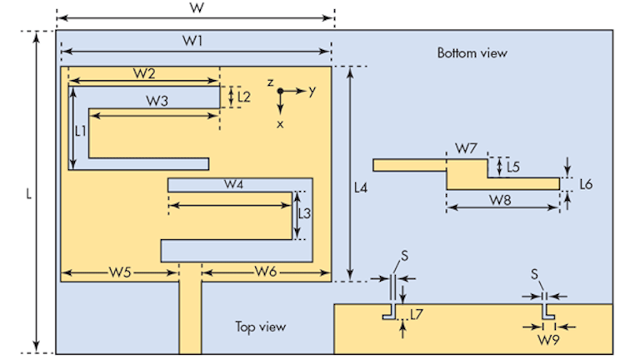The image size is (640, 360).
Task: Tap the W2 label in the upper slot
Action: pos(143,73)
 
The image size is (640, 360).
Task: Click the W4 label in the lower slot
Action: pos(234,185)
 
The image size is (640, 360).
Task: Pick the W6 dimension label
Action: pos(266,271)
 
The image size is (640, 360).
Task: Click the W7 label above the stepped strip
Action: pos(466,148)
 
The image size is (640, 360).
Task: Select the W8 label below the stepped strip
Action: pos(501,200)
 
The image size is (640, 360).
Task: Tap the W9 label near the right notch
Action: pos(547,340)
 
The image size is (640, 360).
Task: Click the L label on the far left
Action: pos(29,193)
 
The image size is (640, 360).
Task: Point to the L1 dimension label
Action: pos(81,131)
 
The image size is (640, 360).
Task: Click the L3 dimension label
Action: pos(305,213)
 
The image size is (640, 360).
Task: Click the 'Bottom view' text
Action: pos(472,53)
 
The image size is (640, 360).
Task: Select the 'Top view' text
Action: pos(260,327)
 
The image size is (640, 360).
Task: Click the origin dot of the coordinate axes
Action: pos(281,90)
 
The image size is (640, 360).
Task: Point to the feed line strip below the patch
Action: pos(190,317)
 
